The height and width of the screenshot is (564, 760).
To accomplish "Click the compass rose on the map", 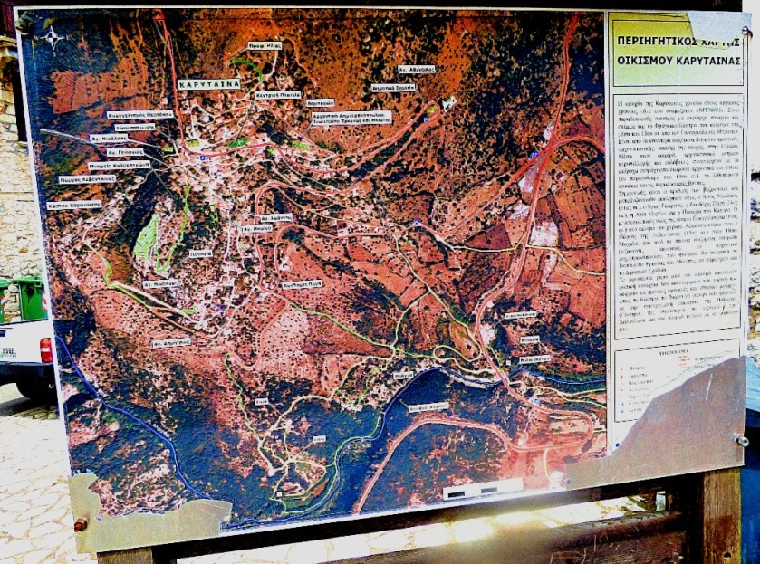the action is pos(52,37).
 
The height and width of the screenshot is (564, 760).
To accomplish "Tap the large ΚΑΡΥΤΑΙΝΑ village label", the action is pos(208,82).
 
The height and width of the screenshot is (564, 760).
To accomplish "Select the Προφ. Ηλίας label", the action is pos(265,45).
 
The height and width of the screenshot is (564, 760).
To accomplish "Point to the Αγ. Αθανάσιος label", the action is pos(416,69).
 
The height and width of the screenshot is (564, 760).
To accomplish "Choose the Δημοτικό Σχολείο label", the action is pos(394,88).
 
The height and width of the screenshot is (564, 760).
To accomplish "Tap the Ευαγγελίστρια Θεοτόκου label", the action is pos(139,114).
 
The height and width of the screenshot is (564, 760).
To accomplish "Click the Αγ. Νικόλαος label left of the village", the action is pos(109,139).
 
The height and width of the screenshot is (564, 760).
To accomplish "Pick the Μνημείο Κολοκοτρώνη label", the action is pos(118,166).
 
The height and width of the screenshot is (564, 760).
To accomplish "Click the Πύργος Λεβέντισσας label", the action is pos(88,179).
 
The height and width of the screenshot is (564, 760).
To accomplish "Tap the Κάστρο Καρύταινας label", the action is pos(74,206).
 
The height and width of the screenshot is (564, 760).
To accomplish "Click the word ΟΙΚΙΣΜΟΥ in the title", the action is pos(646,61).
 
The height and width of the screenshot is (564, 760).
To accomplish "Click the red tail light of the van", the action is pos(46,350).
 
